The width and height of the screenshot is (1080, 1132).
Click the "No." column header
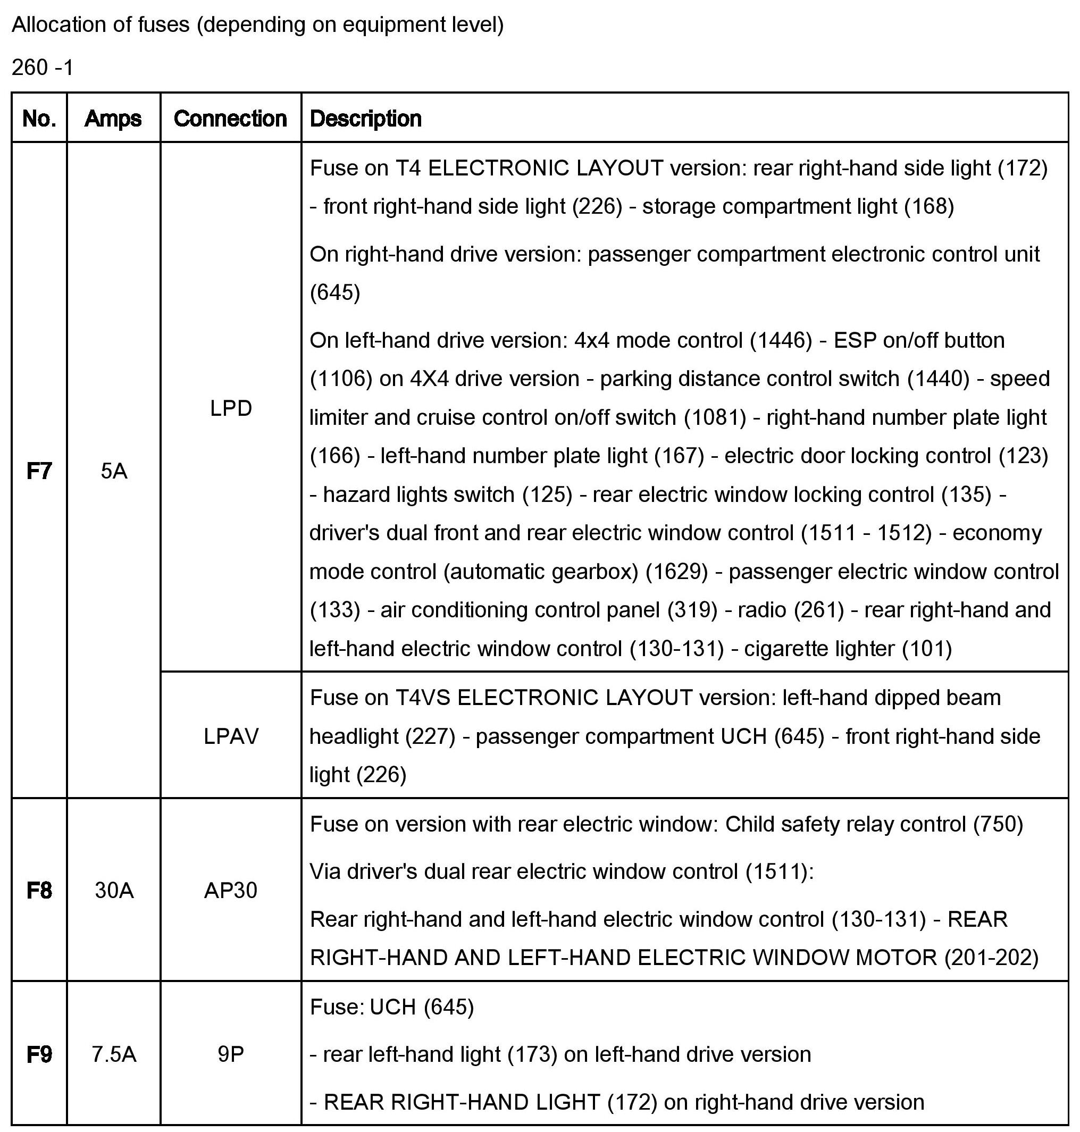click(39, 119)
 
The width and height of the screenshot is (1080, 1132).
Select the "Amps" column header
click(113, 119)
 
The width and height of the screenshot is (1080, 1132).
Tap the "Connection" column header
click(230, 119)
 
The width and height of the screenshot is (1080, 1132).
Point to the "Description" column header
click(365, 119)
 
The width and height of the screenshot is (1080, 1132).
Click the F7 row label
click(39, 471)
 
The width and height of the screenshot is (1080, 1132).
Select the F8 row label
click(39, 890)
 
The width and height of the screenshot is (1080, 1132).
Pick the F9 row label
click(39, 1054)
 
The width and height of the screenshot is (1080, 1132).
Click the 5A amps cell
click(113, 471)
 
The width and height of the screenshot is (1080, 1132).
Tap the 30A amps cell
click(114, 890)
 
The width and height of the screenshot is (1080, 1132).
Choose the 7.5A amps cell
click(114, 1054)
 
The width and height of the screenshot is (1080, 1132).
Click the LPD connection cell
click(231, 408)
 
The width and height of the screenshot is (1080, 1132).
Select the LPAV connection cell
click(231, 736)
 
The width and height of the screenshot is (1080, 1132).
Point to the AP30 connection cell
click(230, 890)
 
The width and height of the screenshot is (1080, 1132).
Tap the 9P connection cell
click(230, 1054)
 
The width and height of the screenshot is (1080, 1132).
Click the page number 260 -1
click(43, 68)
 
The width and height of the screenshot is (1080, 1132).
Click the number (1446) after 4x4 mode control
click(781, 341)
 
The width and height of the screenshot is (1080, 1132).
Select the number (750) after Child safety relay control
click(998, 824)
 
